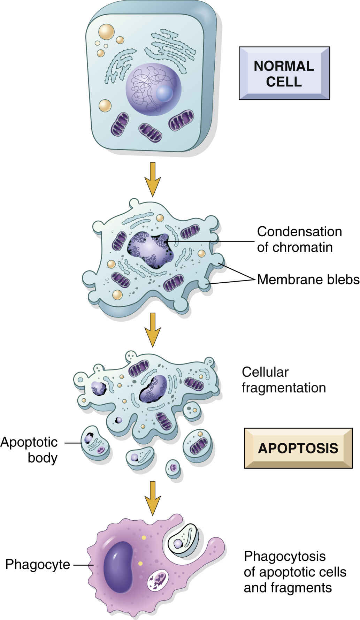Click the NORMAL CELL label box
(284, 74)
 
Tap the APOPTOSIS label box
(298, 448)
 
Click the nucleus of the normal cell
(153, 89)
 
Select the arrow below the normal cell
(153, 179)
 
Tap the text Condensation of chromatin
(299, 239)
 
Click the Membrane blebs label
(308, 279)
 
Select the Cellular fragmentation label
(283, 380)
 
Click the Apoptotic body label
(29, 450)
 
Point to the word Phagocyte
(38, 564)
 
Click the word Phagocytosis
(285, 556)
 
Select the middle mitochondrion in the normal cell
(150, 132)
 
